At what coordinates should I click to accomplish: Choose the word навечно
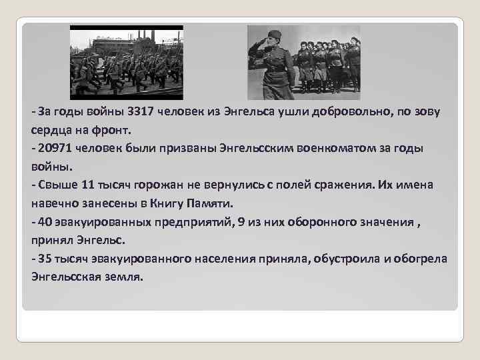click(55, 202)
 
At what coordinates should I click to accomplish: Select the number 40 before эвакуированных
click(45, 220)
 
